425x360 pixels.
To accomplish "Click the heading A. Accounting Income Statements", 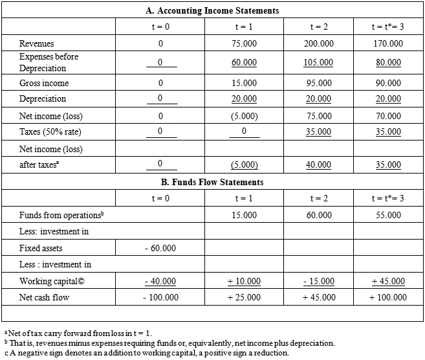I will click(x=212, y=10).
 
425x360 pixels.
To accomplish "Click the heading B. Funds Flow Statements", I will click(x=212, y=182).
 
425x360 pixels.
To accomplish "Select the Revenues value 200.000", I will click(x=318, y=43).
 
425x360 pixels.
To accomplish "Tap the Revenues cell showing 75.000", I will click(x=245, y=43).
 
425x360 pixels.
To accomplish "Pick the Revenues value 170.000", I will click(x=388, y=43).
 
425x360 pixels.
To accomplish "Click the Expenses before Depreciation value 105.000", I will click(x=318, y=63).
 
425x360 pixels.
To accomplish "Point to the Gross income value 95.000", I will click(x=318, y=84).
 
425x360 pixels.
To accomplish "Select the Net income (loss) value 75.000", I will click(x=318, y=116).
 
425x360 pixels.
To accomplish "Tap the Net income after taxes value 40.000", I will click(x=318, y=165).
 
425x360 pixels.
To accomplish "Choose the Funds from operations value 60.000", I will click(x=318, y=215).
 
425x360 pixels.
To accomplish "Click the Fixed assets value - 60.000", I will click(x=160, y=248).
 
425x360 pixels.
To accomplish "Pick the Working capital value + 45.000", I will click(x=388, y=281).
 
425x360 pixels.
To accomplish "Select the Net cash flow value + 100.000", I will click(x=388, y=297).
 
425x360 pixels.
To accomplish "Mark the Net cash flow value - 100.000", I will click(x=160, y=297).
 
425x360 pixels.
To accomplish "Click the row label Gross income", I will click(x=44, y=84).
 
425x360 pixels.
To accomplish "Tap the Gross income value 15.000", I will click(x=245, y=84).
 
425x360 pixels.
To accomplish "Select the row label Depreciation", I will click(x=43, y=99).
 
